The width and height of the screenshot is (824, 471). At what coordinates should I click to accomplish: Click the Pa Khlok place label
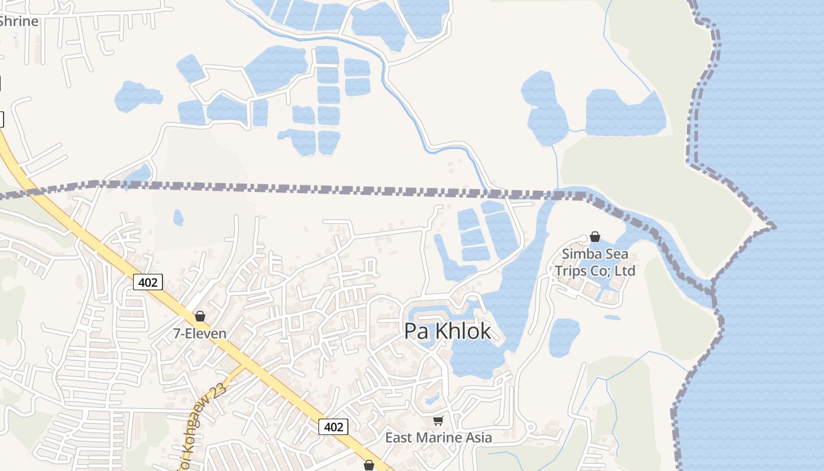(x=447, y=331)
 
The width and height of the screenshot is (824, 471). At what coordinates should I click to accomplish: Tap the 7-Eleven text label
(x=200, y=333)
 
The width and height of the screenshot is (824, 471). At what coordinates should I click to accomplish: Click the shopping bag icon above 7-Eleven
(x=200, y=316)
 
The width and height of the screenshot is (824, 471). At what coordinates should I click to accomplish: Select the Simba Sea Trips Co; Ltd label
(x=595, y=263)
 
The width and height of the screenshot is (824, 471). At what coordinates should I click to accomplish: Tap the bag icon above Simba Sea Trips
(x=595, y=237)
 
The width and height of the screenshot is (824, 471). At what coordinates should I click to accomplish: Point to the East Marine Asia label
(x=438, y=437)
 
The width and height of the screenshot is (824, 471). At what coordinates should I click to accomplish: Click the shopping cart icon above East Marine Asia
(x=438, y=420)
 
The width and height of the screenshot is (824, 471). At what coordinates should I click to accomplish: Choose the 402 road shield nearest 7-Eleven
(x=147, y=283)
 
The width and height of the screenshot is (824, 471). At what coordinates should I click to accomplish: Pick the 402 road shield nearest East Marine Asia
(x=333, y=427)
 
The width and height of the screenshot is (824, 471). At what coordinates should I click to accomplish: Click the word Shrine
(x=19, y=21)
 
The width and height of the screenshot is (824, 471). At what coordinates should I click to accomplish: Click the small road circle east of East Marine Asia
(x=530, y=427)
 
